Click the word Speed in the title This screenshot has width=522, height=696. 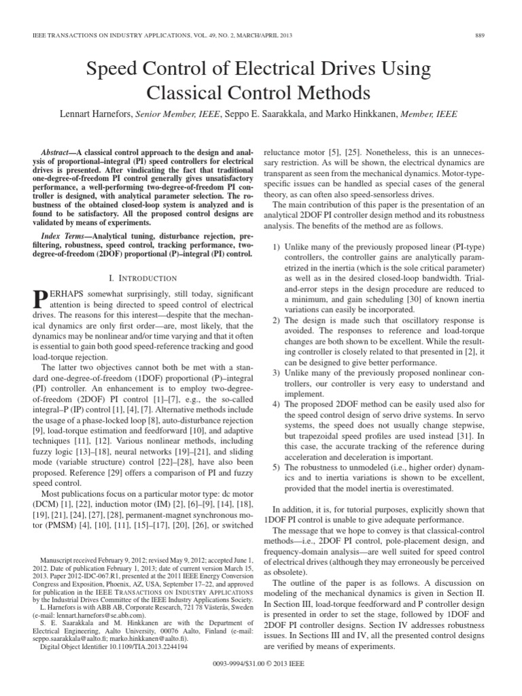112,69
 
